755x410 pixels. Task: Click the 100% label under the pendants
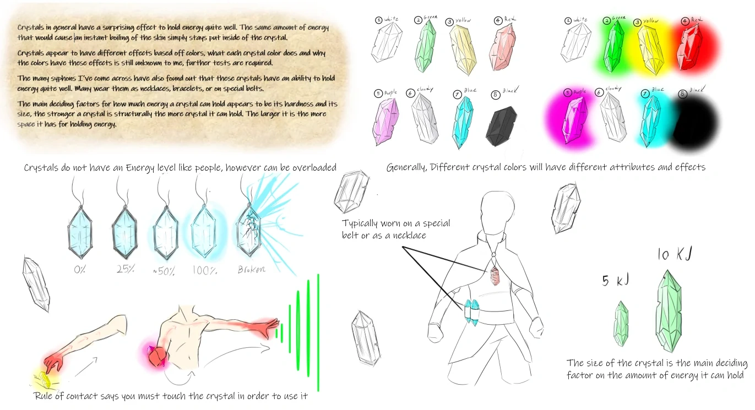[x=206, y=271]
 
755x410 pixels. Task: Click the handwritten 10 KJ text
[x=674, y=254]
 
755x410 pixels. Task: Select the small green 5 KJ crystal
[x=621, y=323]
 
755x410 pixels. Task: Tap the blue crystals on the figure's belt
[x=472, y=313]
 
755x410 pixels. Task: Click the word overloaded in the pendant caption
[x=308, y=167]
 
